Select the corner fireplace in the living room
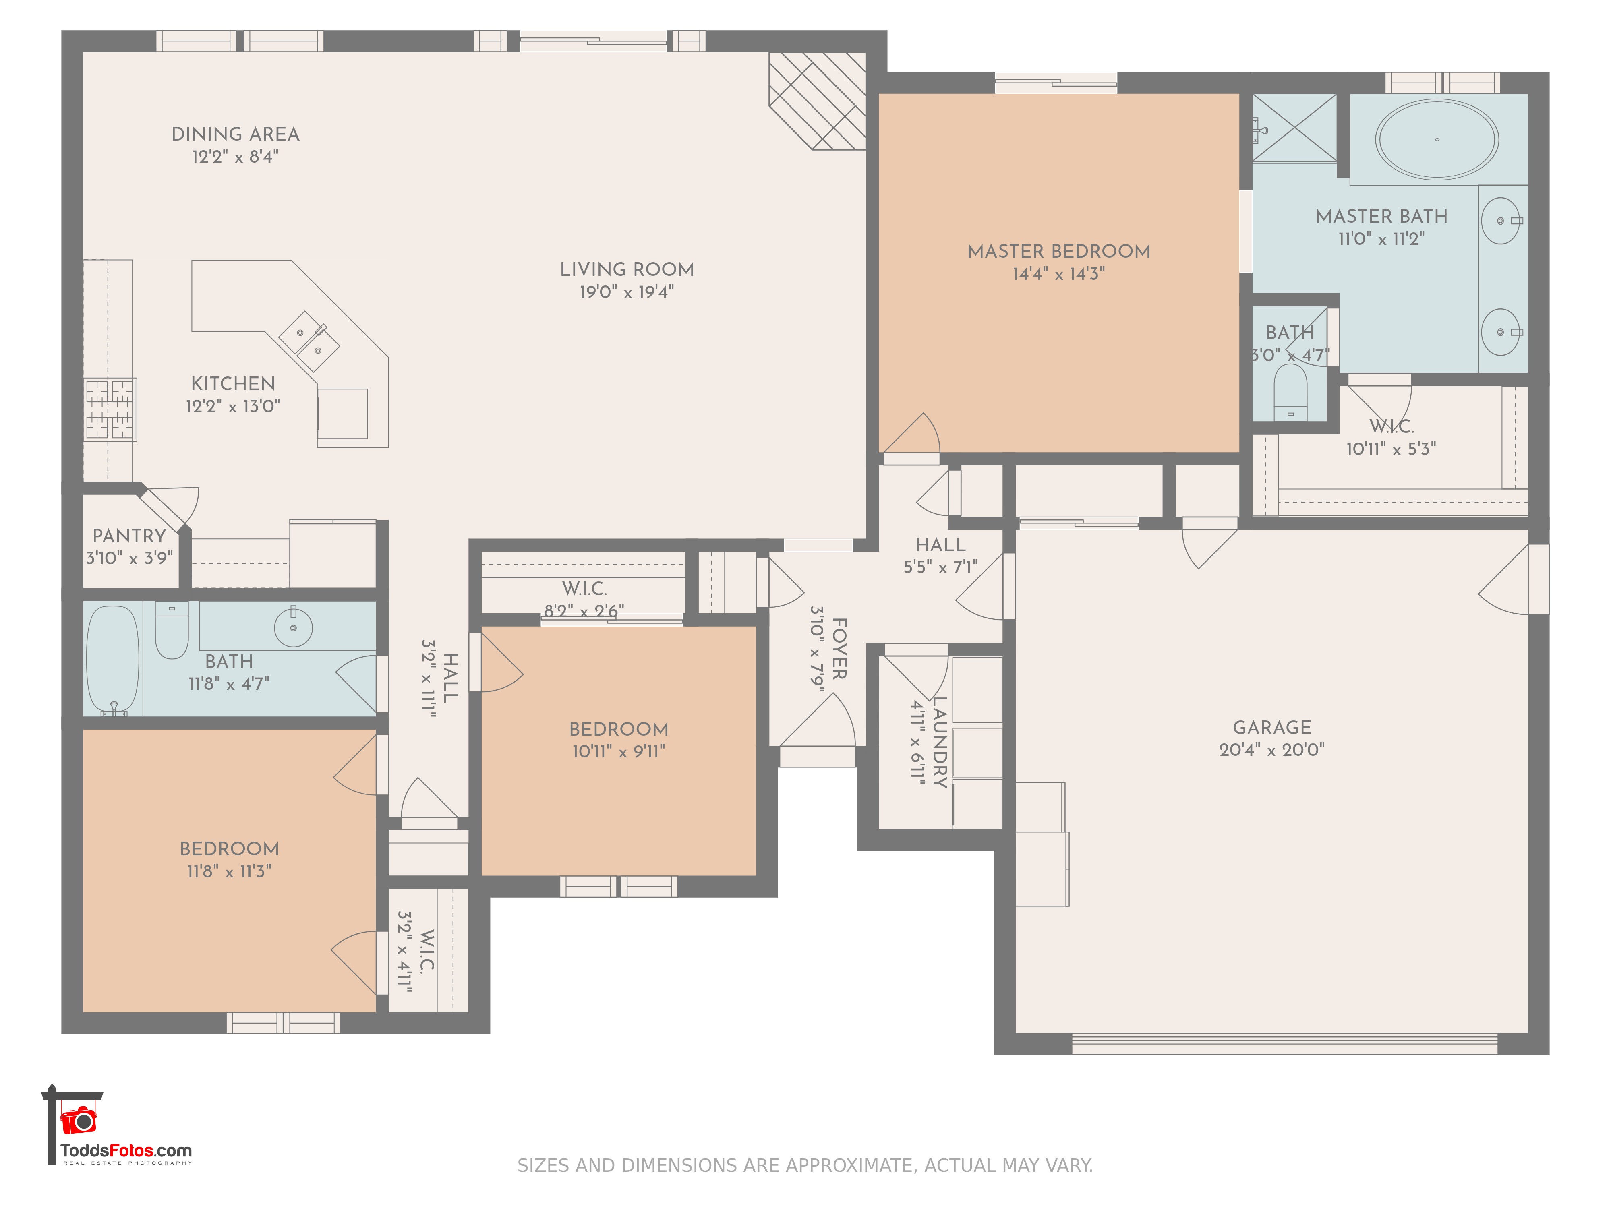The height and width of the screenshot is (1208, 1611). click(817, 101)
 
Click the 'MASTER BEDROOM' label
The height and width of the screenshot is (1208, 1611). click(1059, 251)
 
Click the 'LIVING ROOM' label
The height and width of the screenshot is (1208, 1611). click(627, 269)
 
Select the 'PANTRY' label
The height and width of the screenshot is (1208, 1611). click(130, 536)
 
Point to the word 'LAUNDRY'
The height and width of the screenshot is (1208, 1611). click(940, 742)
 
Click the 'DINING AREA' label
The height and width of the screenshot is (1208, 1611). click(235, 134)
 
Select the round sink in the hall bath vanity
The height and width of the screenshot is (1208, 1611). click(294, 627)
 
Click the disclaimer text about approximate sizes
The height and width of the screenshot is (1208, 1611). click(805, 1166)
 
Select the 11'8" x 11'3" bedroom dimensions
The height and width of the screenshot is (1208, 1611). click(230, 871)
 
